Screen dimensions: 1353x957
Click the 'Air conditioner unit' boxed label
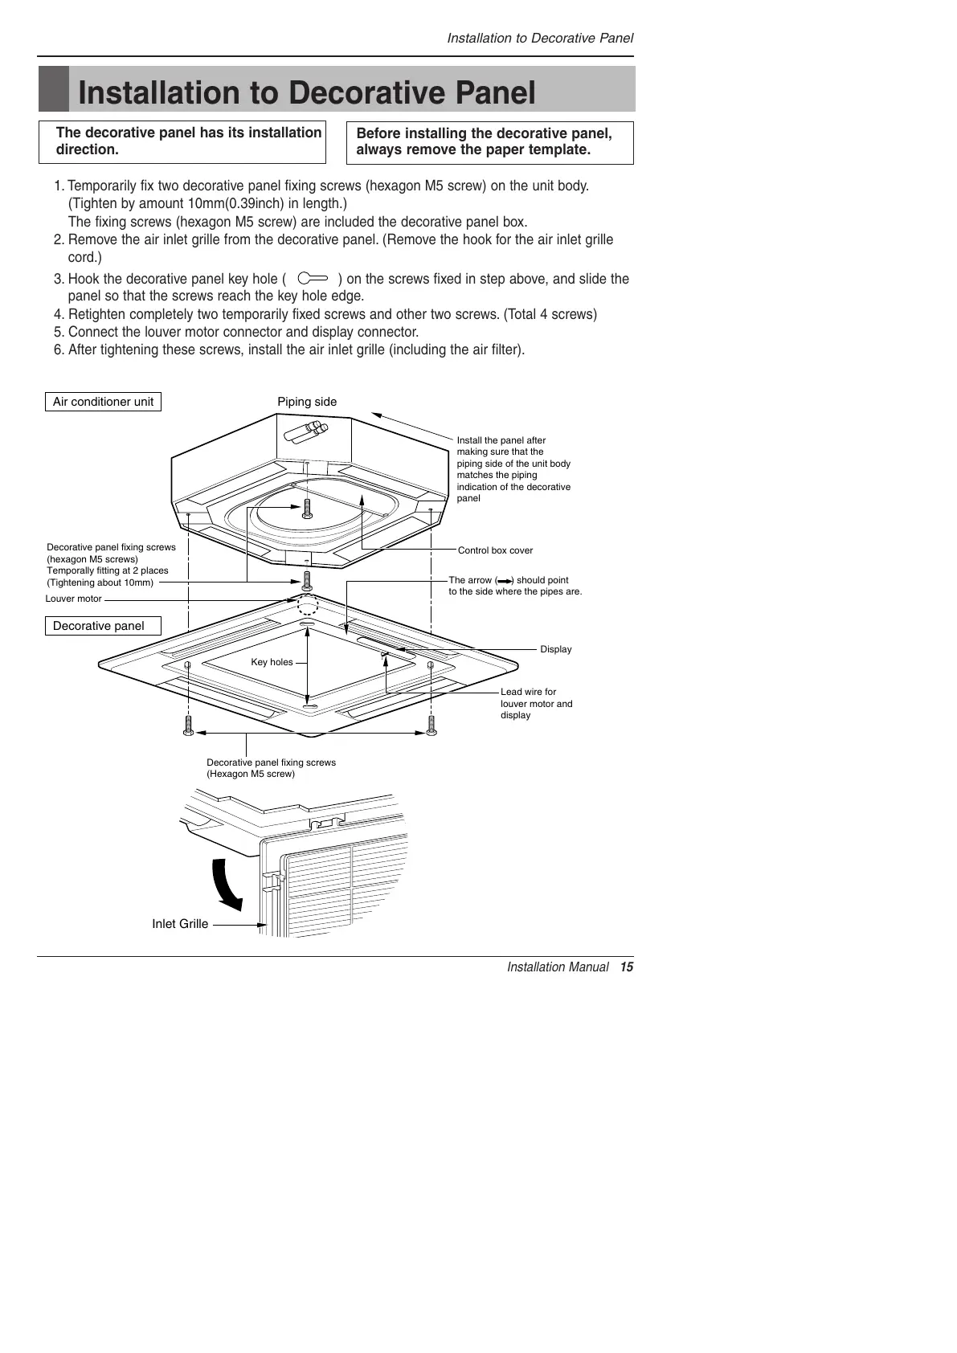click(x=103, y=402)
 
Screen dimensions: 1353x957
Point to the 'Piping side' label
click(x=307, y=402)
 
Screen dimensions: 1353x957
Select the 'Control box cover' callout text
click(x=495, y=550)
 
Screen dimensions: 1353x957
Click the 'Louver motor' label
click(x=74, y=599)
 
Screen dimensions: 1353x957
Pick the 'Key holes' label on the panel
click(x=272, y=662)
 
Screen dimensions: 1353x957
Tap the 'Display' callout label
click(x=555, y=649)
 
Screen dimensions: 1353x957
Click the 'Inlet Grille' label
click(x=180, y=924)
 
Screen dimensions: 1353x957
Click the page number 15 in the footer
click(x=627, y=967)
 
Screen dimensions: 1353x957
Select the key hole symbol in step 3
click(x=313, y=279)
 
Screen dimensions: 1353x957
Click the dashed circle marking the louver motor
click(x=308, y=603)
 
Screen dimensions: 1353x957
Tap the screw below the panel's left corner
click(x=188, y=726)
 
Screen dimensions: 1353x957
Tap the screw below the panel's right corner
click(x=431, y=726)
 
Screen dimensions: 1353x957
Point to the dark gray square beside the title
click(x=54, y=89)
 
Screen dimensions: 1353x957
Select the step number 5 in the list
click(x=59, y=333)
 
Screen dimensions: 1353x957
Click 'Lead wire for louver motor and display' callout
click(x=536, y=703)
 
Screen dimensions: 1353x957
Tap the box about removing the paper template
click(x=489, y=142)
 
